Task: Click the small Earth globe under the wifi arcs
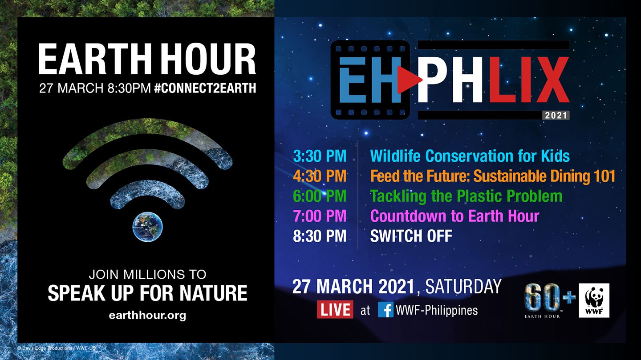[x=147, y=226]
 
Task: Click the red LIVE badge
[x=335, y=309]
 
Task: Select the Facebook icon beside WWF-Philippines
[x=385, y=310]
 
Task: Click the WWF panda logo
[x=594, y=300]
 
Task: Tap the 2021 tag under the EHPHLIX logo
[x=556, y=116]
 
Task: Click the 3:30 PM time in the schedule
[x=320, y=156]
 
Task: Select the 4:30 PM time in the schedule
[x=320, y=176]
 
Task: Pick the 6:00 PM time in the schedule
[x=320, y=196]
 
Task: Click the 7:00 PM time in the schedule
[x=320, y=216]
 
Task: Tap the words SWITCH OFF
[x=411, y=236]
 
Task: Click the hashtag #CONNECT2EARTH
[x=205, y=88]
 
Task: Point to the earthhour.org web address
[x=147, y=316]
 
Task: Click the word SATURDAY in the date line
[x=463, y=286]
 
